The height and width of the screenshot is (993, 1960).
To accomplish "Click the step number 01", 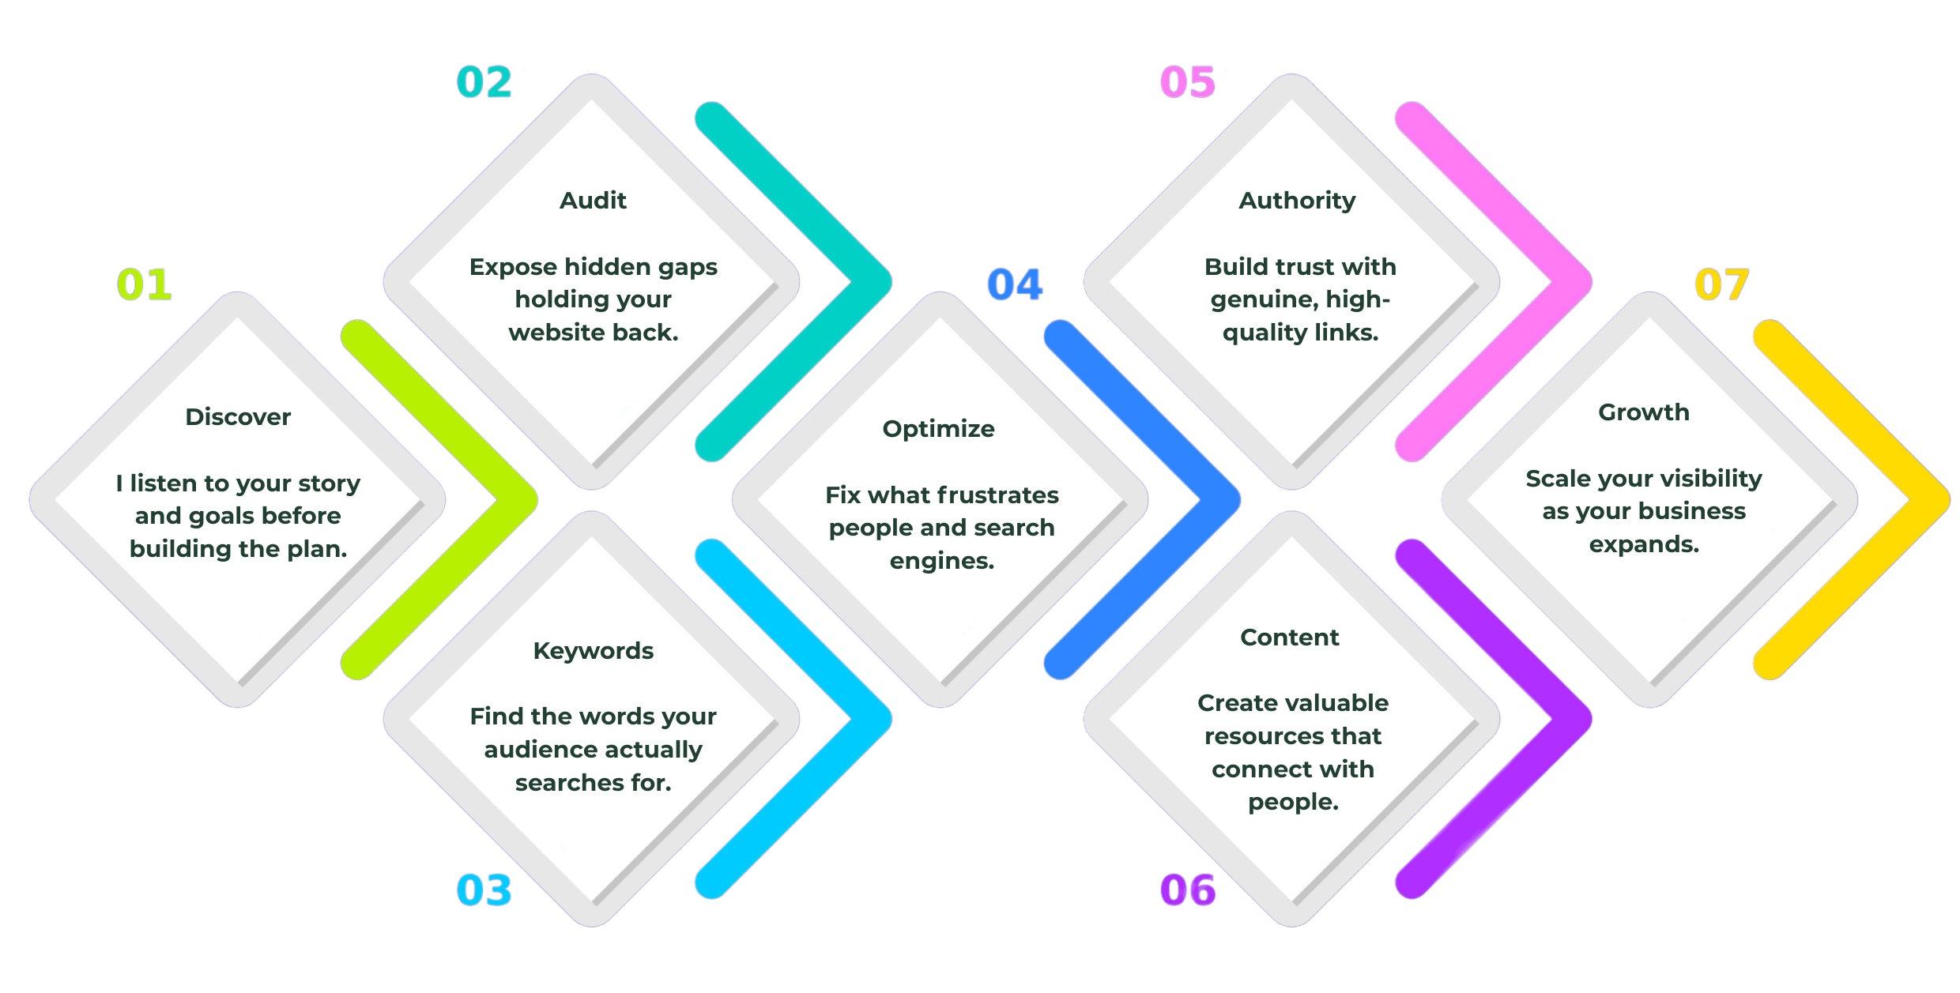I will click(145, 284).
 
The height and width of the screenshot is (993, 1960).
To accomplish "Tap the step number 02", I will click(484, 82).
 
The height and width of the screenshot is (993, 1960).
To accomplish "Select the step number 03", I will click(484, 890).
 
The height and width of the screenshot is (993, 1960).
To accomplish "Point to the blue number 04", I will click(1016, 284).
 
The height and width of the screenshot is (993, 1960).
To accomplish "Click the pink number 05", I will click(1188, 82).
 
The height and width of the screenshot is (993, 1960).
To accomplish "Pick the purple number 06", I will click(1188, 890).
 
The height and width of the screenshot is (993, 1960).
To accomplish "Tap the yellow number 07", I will click(1722, 284).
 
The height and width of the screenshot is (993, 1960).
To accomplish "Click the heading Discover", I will click(238, 417).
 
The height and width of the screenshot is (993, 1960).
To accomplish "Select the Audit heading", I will click(593, 201).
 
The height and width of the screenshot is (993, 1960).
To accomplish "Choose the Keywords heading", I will click(593, 651).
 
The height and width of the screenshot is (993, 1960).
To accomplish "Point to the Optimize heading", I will click(939, 429).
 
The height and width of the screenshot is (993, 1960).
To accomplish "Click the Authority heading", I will click(1297, 201).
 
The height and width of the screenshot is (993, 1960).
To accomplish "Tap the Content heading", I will click(1290, 638).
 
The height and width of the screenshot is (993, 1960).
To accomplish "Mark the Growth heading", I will click(1644, 412).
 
